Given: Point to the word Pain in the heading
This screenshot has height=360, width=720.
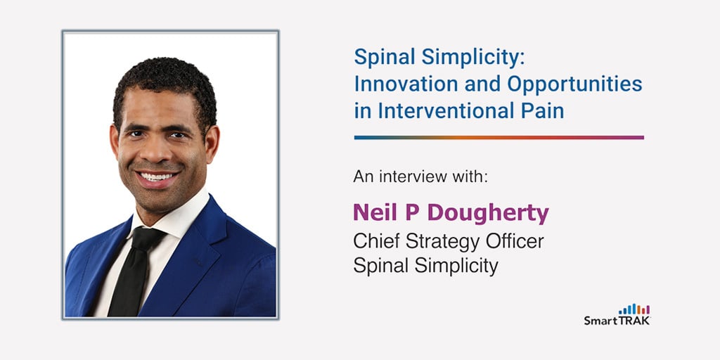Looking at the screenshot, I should coord(539,110).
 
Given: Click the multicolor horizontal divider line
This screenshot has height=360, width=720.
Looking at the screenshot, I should coord(499,138).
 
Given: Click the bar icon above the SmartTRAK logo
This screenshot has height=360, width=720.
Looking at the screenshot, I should coord(634,309).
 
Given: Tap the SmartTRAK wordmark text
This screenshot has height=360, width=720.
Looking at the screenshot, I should coord(617,321).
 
